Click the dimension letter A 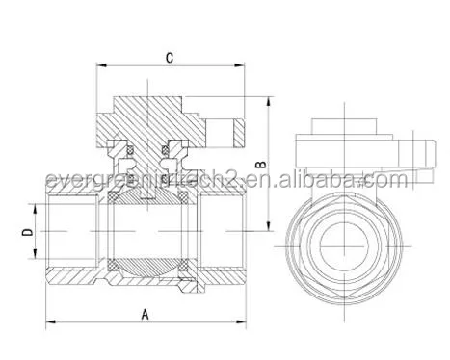click(x=144, y=313)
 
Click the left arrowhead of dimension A click(x=51, y=321)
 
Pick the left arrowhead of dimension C click(x=97, y=66)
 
